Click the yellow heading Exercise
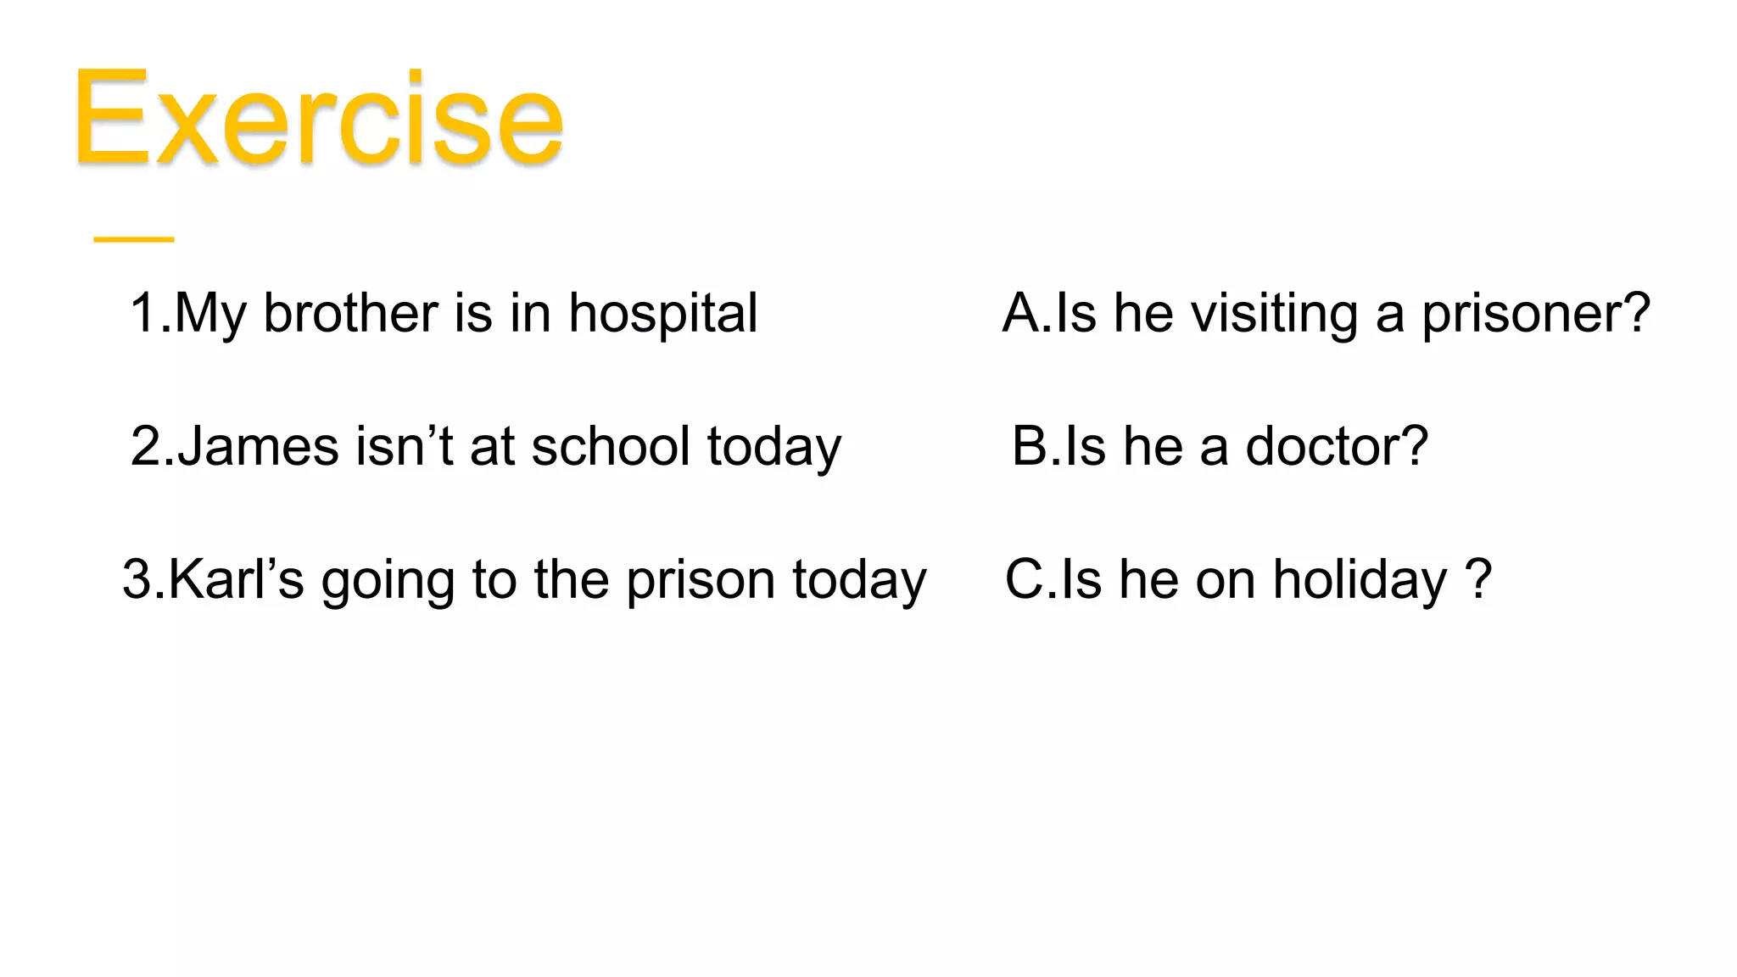318,119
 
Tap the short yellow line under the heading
134,240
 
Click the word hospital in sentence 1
662,314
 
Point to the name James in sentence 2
258,446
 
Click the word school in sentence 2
611,446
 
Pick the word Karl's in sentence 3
237,580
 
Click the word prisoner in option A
1535,314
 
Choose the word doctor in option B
1336,446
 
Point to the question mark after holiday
1478,580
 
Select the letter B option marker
1030,446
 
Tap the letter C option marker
1025,580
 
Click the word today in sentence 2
774,448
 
